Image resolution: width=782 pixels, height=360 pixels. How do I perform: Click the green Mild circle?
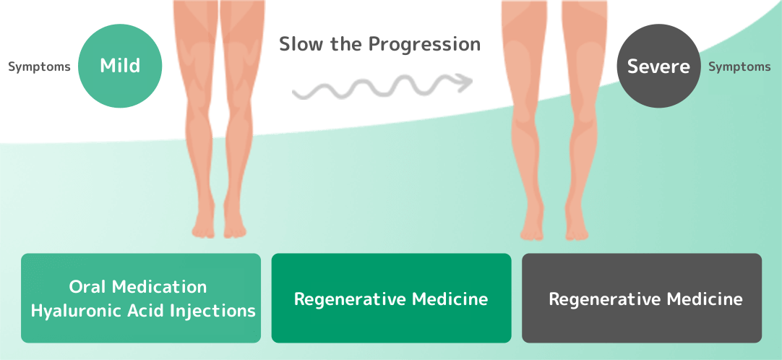tap(120, 66)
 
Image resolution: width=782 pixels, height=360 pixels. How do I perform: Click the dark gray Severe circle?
tap(658, 66)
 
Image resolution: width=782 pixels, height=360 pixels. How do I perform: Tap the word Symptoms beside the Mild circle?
tap(40, 67)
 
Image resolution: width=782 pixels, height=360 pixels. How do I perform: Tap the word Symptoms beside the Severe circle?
tap(739, 67)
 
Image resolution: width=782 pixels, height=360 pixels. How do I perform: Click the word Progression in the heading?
tap(424, 44)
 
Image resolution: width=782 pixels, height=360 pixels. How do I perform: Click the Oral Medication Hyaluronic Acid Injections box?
tap(141, 298)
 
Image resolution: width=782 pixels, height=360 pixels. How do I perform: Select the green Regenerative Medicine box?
tap(391, 298)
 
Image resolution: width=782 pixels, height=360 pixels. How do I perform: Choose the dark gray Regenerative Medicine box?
tap(642, 298)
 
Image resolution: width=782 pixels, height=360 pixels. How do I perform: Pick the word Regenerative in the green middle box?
tap(351, 299)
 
